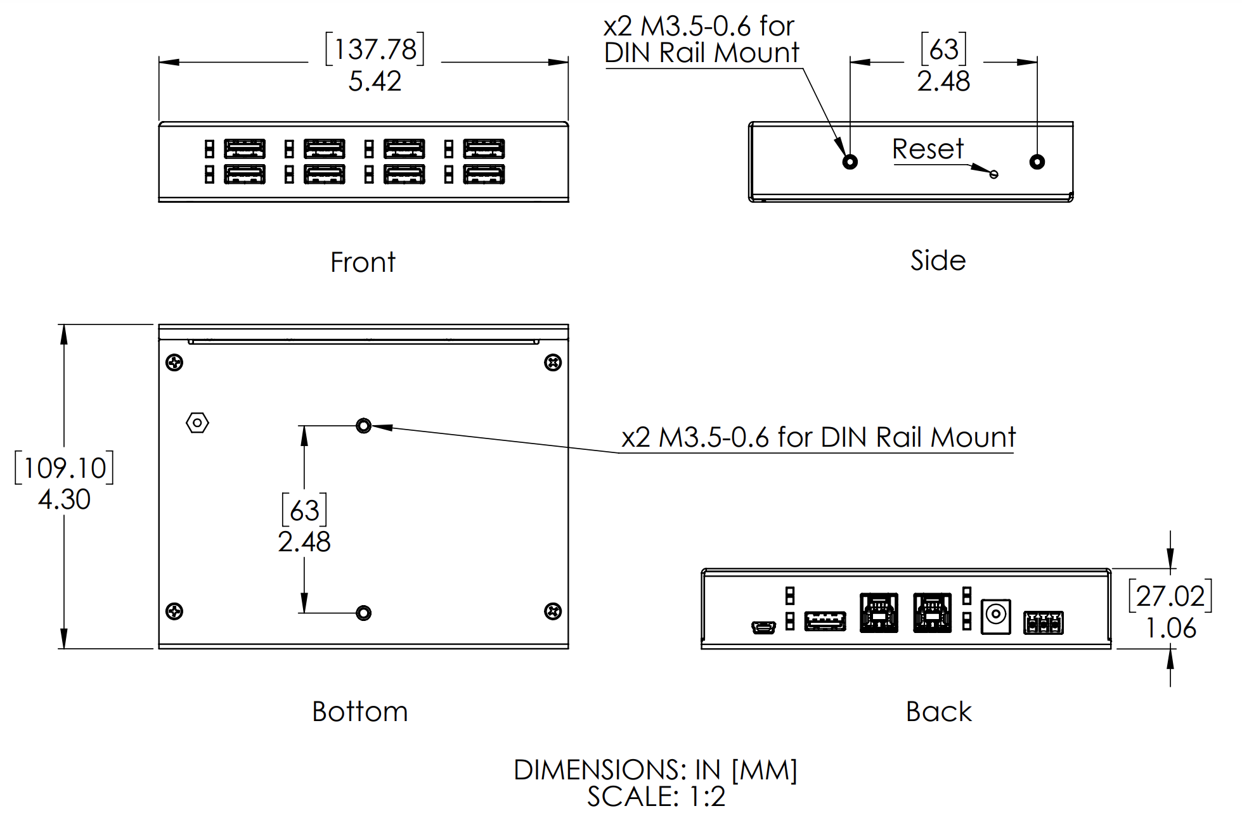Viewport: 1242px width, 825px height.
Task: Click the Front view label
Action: pos(363,262)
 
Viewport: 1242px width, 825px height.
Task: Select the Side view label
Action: pos(938,260)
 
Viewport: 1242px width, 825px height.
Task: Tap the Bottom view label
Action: pos(359,712)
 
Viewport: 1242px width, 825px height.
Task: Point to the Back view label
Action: pos(938,712)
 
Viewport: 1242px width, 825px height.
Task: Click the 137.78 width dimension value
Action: pos(375,49)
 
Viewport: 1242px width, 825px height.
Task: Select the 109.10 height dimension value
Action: pos(64,468)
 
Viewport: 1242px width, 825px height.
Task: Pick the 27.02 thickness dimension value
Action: pos(1170,596)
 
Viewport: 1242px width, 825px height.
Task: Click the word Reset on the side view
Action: pos(928,150)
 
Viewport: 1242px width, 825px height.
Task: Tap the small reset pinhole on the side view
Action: pos(994,174)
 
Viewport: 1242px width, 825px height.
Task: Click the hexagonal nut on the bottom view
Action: pos(197,423)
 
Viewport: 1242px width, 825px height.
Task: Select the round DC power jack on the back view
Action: pos(995,615)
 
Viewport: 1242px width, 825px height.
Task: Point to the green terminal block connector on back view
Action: pos(1043,624)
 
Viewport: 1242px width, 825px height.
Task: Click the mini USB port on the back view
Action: pos(763,627)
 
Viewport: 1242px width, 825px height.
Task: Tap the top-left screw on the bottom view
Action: pos(174,362)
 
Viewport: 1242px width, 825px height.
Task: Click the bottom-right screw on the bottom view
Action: pos(553,611)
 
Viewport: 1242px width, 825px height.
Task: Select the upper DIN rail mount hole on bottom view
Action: pos(363,425)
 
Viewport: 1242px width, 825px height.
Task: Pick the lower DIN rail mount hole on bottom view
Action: pos(363,613)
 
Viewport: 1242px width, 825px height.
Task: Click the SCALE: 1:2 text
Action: pos(656,797)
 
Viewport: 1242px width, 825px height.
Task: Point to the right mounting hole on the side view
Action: pos(1037,162)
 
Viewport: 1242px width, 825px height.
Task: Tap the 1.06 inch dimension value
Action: pos(1170,628)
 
